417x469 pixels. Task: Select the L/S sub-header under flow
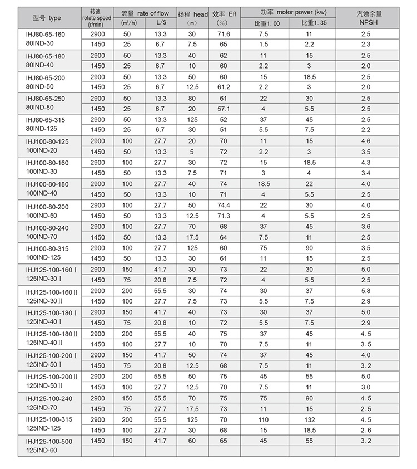[160, 23]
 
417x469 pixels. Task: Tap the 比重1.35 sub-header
[310, 23]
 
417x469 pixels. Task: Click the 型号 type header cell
[48, 18]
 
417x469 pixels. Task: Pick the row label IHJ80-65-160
[46, 35]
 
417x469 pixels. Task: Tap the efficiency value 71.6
[224, 35]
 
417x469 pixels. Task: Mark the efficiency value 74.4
[224, 206]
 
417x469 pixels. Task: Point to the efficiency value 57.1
[224, 109]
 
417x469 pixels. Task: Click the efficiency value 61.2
[224, 87]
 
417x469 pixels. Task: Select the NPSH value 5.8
[365, 291]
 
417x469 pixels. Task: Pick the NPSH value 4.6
[365, 141]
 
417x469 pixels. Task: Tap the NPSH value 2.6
[365, 430]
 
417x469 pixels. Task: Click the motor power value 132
[310, 419]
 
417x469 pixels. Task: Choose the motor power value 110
[264, 419]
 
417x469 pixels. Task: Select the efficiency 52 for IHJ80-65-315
[224, 120]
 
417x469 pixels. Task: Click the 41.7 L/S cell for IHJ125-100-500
[160, 441]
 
